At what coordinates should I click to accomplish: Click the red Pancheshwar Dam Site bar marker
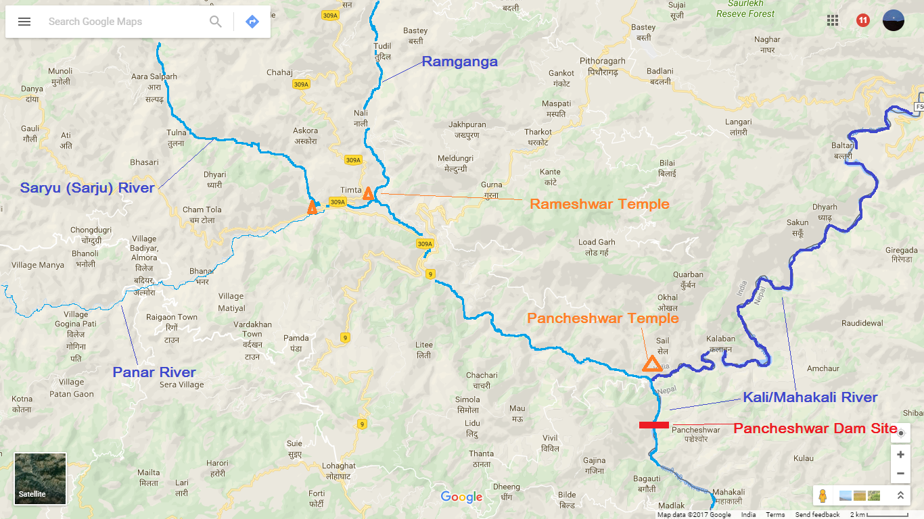click(x=654, y=425)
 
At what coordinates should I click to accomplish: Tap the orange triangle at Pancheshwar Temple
click(x=652, y=364)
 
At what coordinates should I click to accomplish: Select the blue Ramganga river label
click(x=459, y=62)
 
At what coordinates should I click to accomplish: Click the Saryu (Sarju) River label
click(x=87, y=188)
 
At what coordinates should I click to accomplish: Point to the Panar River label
click(x=154, y=372)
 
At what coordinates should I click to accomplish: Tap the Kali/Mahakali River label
click(x=810, y=397)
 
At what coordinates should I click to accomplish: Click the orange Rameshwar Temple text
click(x=599, y=204)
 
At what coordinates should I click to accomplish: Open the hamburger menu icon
click(x=24, y=22)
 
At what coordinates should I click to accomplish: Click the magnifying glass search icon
click(x=216, y=22)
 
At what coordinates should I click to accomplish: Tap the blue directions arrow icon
click(x=252, y=22)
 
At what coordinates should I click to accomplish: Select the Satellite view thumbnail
click(x=41, y=479)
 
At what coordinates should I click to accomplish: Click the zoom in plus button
click(x=900, y=455)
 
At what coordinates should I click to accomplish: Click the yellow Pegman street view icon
click(x=823, y=495)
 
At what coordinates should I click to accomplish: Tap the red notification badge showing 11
click(x=862, y=20)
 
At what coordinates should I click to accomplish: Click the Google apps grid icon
click(x=833, y=20)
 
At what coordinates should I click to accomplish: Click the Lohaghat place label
click(x=338, y=466)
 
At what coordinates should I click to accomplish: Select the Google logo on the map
click(x=461, y=497)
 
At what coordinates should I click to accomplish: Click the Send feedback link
click(x=817, y=515)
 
